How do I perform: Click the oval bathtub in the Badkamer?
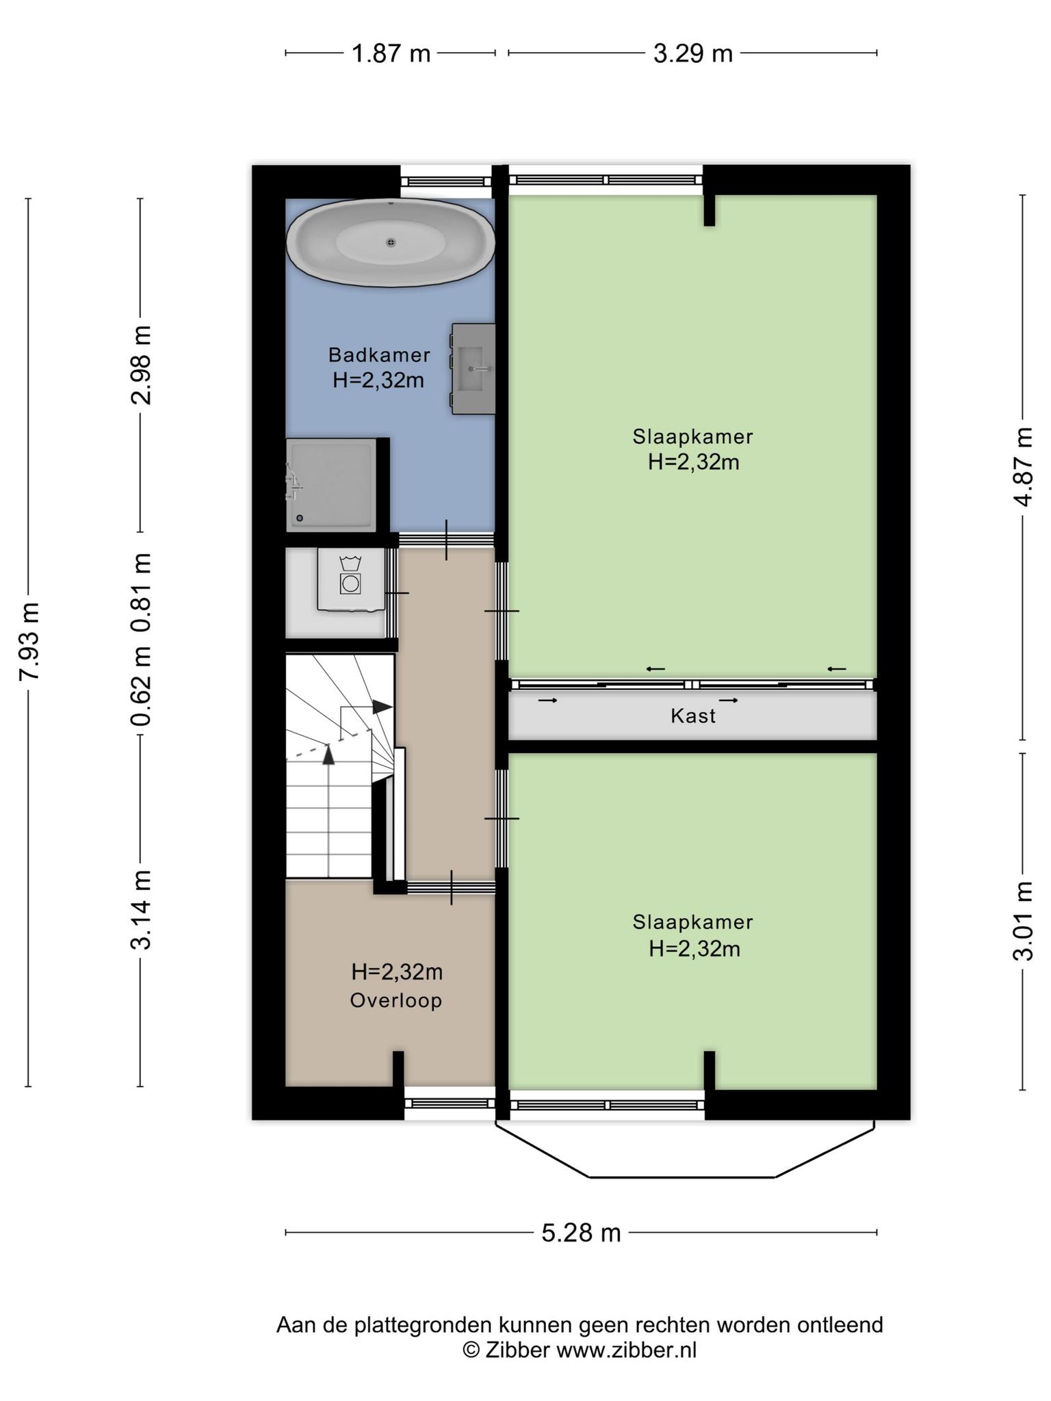(x=391, y=242)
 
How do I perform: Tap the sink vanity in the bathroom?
(x=473, y=369)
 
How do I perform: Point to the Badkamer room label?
(x=379, y=355)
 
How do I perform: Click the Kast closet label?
(x=693, y=716)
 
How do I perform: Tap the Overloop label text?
(x=396, y=1001)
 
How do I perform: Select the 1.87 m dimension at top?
(x=391, y=53)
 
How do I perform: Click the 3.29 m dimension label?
(x=692, y=53)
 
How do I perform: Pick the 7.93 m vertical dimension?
(x=29, y=641)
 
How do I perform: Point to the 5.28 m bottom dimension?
(x=581, y=1233)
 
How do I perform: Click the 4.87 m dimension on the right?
(x=1023, y=467)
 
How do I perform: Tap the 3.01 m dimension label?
(x=1023, y=921)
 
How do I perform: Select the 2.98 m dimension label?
(x=141, y=365)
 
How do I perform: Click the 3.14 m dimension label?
(x=141, y=910)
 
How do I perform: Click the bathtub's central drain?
(x=391, y=242)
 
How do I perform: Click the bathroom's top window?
(x=446, y=181)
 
